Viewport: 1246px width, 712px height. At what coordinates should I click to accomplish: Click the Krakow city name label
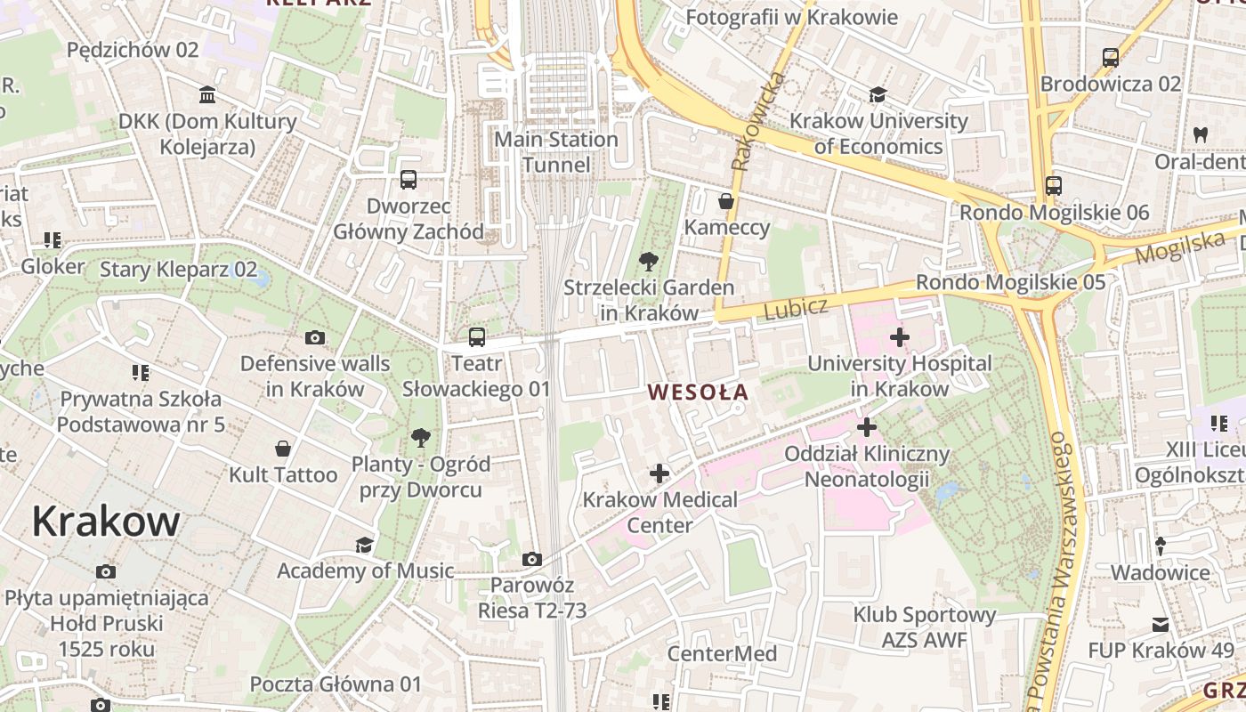106,521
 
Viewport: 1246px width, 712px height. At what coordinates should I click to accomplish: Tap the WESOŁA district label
698,392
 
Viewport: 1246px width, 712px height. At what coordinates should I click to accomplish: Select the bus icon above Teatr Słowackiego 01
477,337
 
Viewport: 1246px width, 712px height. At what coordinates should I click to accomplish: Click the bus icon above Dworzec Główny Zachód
409,180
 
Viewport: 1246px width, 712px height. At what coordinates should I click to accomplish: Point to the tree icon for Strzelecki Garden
649,262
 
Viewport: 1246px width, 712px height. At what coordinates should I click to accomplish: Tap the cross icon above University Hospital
900,337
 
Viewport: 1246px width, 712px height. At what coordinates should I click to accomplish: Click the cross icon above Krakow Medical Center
659,473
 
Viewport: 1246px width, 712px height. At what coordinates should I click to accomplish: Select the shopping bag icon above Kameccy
726,201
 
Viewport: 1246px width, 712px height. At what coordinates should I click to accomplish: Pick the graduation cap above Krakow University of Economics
878,95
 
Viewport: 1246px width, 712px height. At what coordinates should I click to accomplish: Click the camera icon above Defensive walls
314,337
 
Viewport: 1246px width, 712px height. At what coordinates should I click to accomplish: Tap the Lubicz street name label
796,309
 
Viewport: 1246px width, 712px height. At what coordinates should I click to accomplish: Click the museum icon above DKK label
207,95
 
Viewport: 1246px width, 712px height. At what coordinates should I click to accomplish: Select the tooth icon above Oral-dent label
1200,135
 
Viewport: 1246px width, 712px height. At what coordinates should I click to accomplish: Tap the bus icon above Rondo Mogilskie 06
1054,186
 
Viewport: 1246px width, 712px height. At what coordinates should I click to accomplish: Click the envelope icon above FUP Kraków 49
1161,625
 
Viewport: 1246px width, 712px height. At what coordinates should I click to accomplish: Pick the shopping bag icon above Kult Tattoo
283,448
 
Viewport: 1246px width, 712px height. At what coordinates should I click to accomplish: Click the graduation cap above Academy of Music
364,545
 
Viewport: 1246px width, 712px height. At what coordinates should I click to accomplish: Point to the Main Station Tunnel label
555,152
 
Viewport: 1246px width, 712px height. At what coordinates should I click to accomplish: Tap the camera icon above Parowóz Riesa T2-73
532,559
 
